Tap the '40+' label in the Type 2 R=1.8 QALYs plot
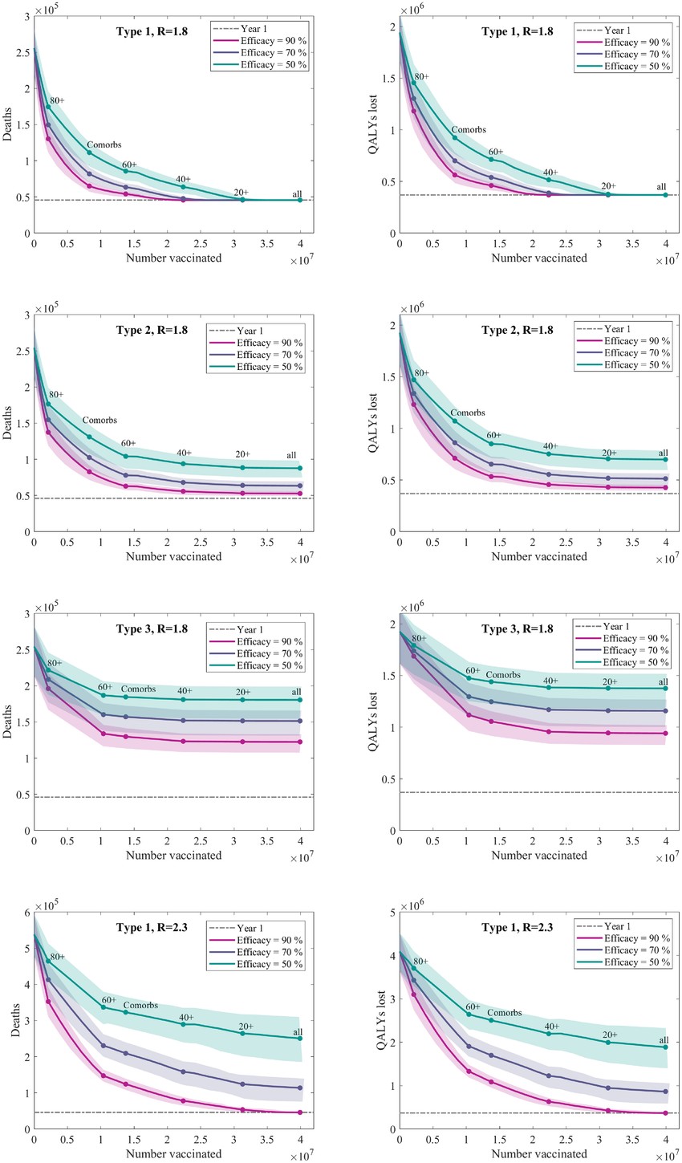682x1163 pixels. (550, 446)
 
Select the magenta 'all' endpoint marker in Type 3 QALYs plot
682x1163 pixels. (665, 734)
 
